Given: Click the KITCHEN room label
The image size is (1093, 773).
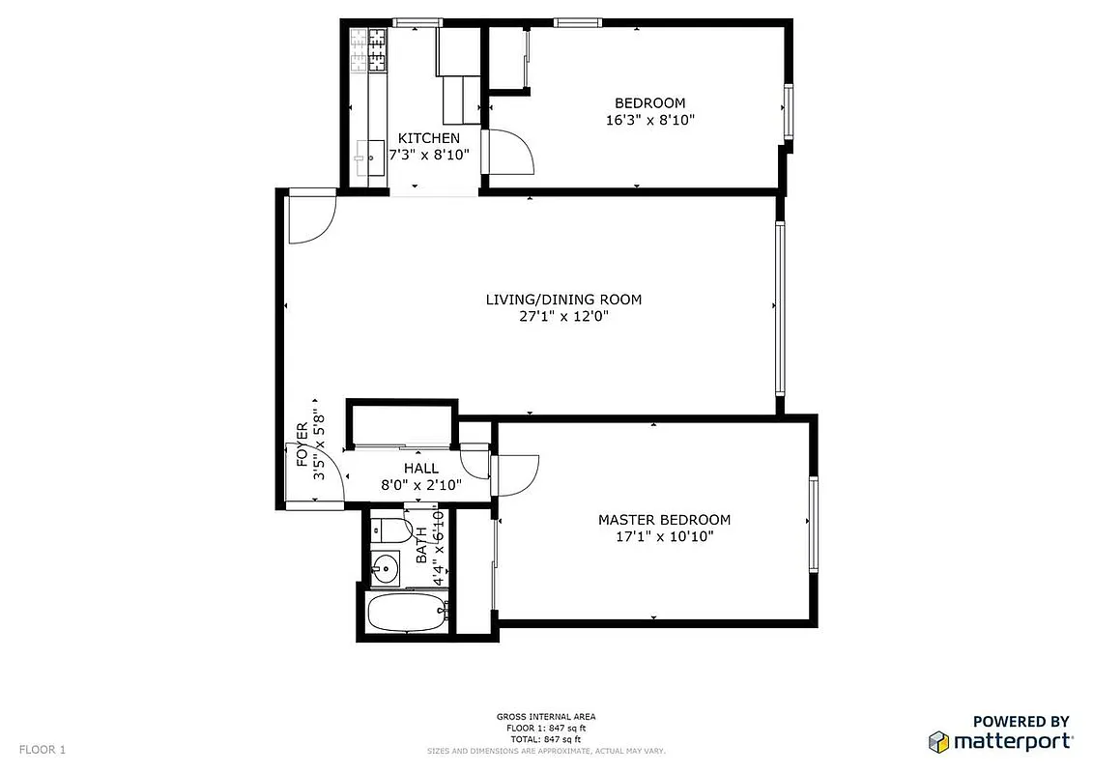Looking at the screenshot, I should (x=429, y=138).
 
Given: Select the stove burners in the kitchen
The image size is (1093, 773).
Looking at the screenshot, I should (x=368, y=51).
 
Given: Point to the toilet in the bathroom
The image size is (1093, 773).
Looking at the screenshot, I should (x=390, y=530).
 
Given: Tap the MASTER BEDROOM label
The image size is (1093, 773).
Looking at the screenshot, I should (x=664, y=520).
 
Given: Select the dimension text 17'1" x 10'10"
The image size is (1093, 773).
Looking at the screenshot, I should (x=664, y=537).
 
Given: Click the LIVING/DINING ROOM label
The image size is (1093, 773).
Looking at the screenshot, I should (x=563, y=300).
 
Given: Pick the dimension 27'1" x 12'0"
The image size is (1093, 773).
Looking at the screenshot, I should (x=563, y=316).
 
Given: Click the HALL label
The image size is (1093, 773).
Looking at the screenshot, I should (x=421, y=469).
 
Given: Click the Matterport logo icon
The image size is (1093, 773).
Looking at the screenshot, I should (x=938, y=741).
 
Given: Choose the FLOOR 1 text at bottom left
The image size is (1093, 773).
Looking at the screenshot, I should (x=43, y=749).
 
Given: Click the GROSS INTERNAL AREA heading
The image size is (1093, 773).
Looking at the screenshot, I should (x=546, y=717).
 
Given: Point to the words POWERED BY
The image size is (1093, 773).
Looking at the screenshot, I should (x=1021, y=721).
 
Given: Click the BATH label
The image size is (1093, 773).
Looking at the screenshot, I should (x=421, y=547).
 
